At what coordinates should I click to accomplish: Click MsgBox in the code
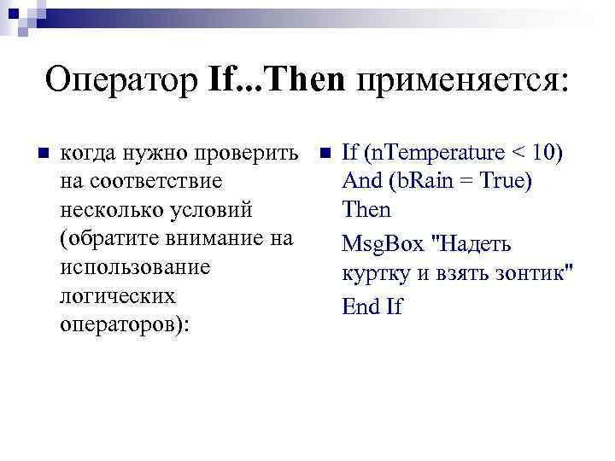pyautogui.click(x=384, y=245)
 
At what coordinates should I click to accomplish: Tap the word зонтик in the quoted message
pyautogui.click(x=528, y=274)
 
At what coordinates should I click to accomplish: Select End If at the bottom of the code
pyautogui.click(x=372, y=306)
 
